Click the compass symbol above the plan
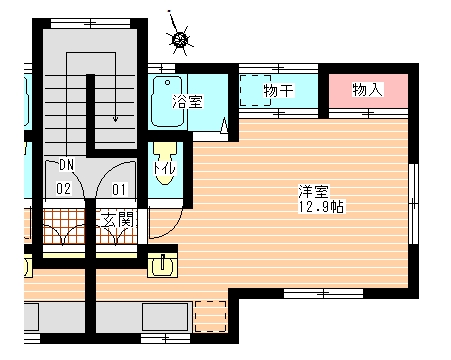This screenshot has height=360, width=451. click(180, 39)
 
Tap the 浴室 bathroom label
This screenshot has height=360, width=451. click(188, 100)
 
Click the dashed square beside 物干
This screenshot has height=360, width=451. click(253, 90)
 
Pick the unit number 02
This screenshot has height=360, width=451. click(63, 187)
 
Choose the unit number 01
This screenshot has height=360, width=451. click(119, 187)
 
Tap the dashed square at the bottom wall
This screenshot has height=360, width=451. click(210, 315)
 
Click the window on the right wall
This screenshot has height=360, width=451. click(413, 206)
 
